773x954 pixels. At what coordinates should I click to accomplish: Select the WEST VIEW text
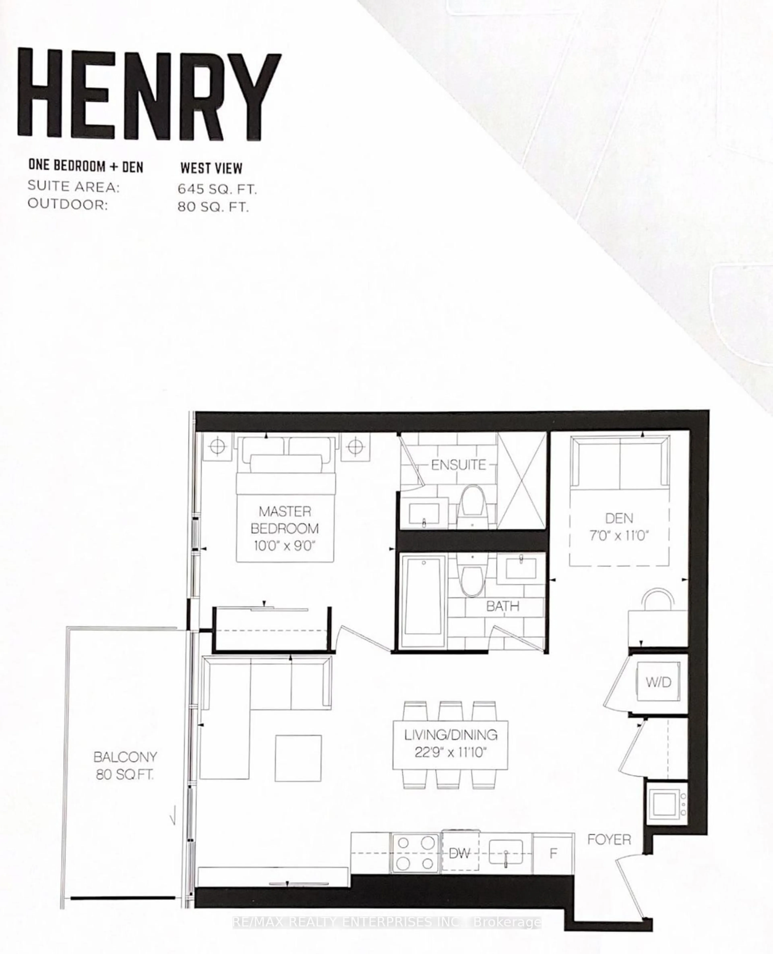(x=211, y=168)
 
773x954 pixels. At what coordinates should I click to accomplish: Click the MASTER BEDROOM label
(x=284, y=528)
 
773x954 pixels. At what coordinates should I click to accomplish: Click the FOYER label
(x=609, y=840)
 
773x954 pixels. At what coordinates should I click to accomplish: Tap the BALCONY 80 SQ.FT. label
(x=125, y=766)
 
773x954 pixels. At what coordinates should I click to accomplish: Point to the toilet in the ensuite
(x=472, y=506)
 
